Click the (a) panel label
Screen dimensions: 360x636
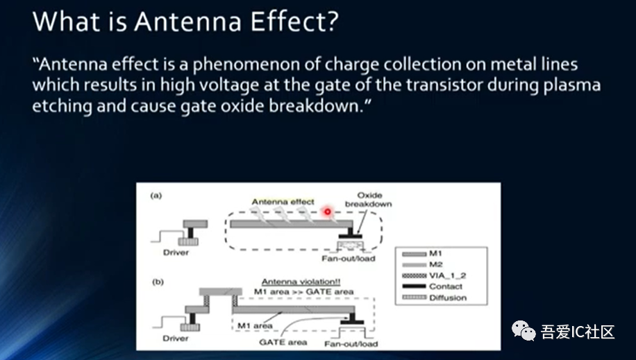coord(158,196)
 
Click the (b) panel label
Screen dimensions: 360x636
coord(158,284)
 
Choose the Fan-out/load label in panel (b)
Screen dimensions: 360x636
coord(350,343)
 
